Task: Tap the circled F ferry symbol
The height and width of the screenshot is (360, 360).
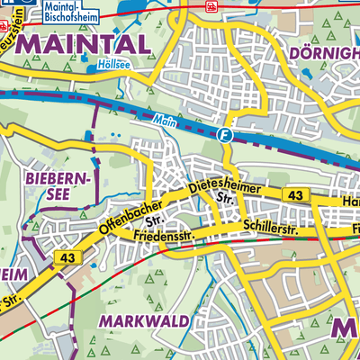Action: (224, 135)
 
